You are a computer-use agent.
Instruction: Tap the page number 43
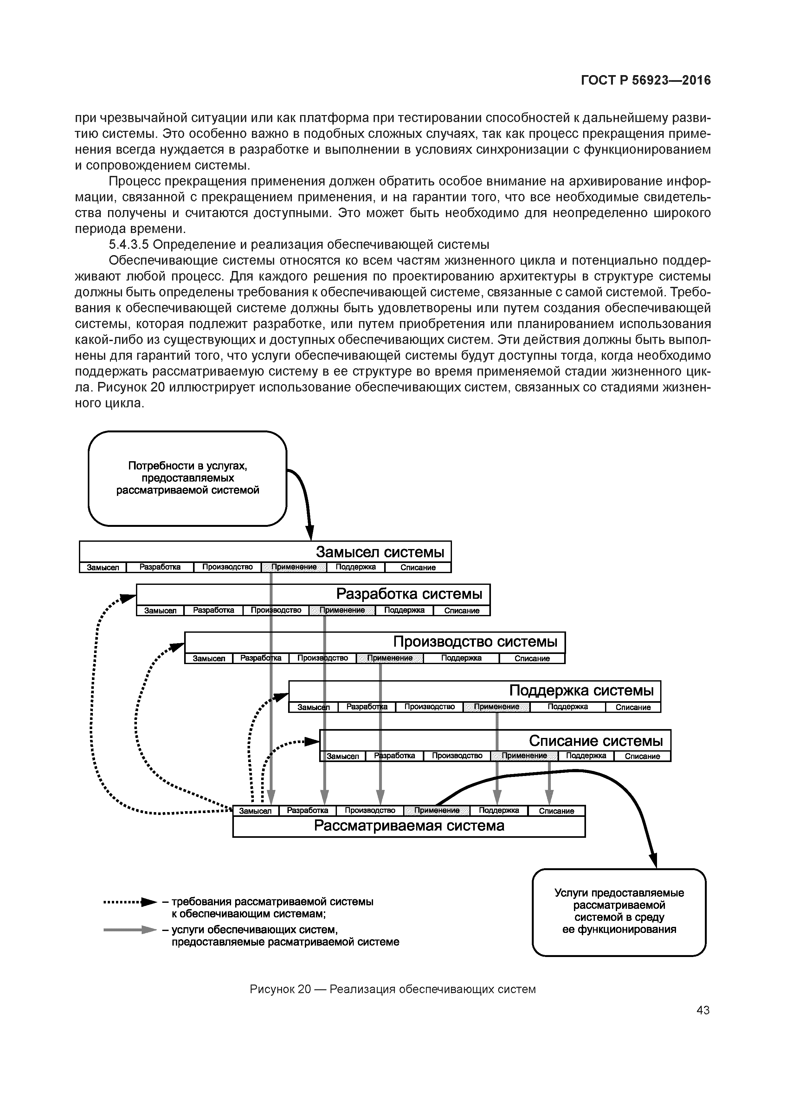pyautogui.click(x=703, y=1010)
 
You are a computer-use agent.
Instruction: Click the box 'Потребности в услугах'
pyautogui.click(x=187, y=478)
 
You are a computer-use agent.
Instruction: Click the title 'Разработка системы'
pyautogui.click(x=409, y=594)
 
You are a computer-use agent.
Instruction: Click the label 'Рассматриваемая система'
pyautogui.click(x=409, y=826)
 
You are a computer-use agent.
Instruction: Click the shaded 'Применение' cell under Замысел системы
pyautogui.click(x=294, y=567)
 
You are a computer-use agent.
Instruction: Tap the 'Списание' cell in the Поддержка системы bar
pyautogui.click(x=633, y=707)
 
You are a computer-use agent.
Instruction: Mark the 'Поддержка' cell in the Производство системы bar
pyautogui.click(x=461, y=658)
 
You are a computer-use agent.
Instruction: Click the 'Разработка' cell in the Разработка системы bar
pyautogui.click(x=214, y=610)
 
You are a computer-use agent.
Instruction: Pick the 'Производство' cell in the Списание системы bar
pyautogui.click(x=457, y=755)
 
